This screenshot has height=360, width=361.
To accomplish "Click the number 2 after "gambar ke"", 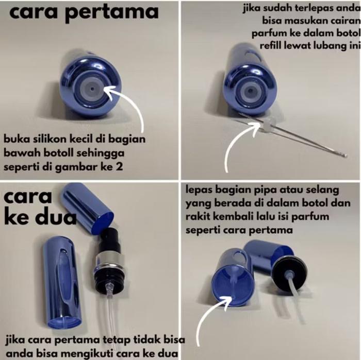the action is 119,166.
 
